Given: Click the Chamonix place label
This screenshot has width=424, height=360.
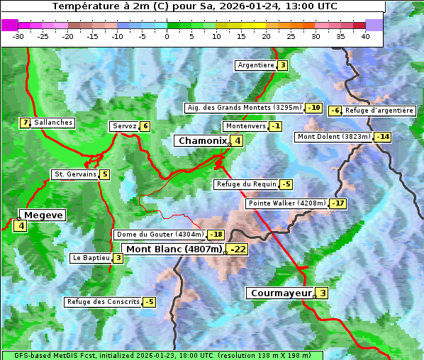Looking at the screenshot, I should pos(202,141).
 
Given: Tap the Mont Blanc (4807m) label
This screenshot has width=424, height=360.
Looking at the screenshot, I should pos(174,249).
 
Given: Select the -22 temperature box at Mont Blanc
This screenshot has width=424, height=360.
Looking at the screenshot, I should pos(237,249).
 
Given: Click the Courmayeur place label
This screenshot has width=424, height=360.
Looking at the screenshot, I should pos(281,293).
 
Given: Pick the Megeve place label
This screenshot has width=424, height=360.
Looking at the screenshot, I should pos(44,215).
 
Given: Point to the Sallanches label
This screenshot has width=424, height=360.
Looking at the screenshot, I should pos(53,123).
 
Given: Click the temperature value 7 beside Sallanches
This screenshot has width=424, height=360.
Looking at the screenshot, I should pos(26,123).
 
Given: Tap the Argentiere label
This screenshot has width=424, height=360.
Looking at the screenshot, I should pos(256,65).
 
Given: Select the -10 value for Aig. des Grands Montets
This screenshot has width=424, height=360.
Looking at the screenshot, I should pos(314,108).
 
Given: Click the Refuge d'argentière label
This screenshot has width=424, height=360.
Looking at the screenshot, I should pos(379,111).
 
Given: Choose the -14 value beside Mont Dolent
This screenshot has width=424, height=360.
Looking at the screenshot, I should pos(383,137).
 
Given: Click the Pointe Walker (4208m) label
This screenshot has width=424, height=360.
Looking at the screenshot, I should pos(286,203).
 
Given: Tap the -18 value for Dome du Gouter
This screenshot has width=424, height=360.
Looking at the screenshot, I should pos(216,235).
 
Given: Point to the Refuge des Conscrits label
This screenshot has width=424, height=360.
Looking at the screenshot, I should pos(103,302).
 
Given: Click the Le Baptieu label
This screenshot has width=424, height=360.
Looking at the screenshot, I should pos(91,258).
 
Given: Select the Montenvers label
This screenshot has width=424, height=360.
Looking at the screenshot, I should pos(245,126).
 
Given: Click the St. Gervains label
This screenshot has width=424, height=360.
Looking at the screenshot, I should pos(74,174).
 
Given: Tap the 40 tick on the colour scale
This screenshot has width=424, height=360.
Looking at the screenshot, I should pos(365,35).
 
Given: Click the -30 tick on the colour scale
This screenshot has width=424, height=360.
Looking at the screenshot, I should pos(18,35).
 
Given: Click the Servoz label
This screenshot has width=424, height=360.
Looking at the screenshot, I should pos(124,126).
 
